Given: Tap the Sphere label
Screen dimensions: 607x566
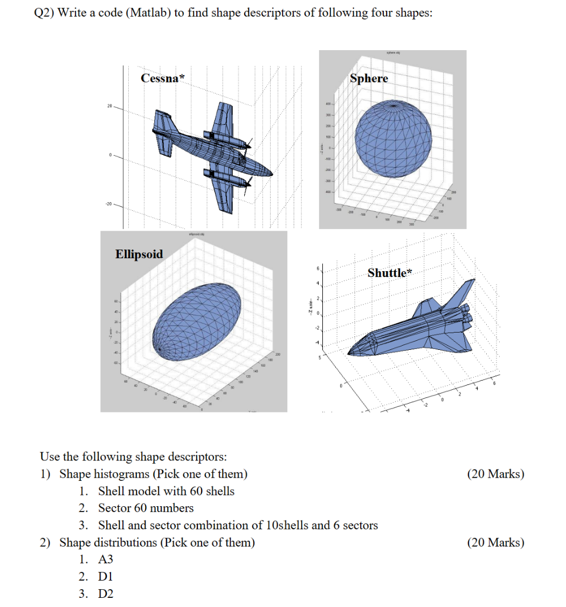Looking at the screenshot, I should (369, 78).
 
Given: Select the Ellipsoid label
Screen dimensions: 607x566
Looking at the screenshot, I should (139, 254).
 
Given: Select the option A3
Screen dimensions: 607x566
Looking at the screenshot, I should (106, 560).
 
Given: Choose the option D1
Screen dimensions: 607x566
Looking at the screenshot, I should (106, 577).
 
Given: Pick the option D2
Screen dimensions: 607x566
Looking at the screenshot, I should (106, 594).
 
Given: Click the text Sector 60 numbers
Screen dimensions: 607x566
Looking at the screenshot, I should (146, 508).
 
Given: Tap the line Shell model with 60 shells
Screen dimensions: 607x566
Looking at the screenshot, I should (166, 491).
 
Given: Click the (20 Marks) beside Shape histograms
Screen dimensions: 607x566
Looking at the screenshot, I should (495, 474).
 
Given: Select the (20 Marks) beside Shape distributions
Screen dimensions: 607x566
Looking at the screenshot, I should (495, 542).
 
